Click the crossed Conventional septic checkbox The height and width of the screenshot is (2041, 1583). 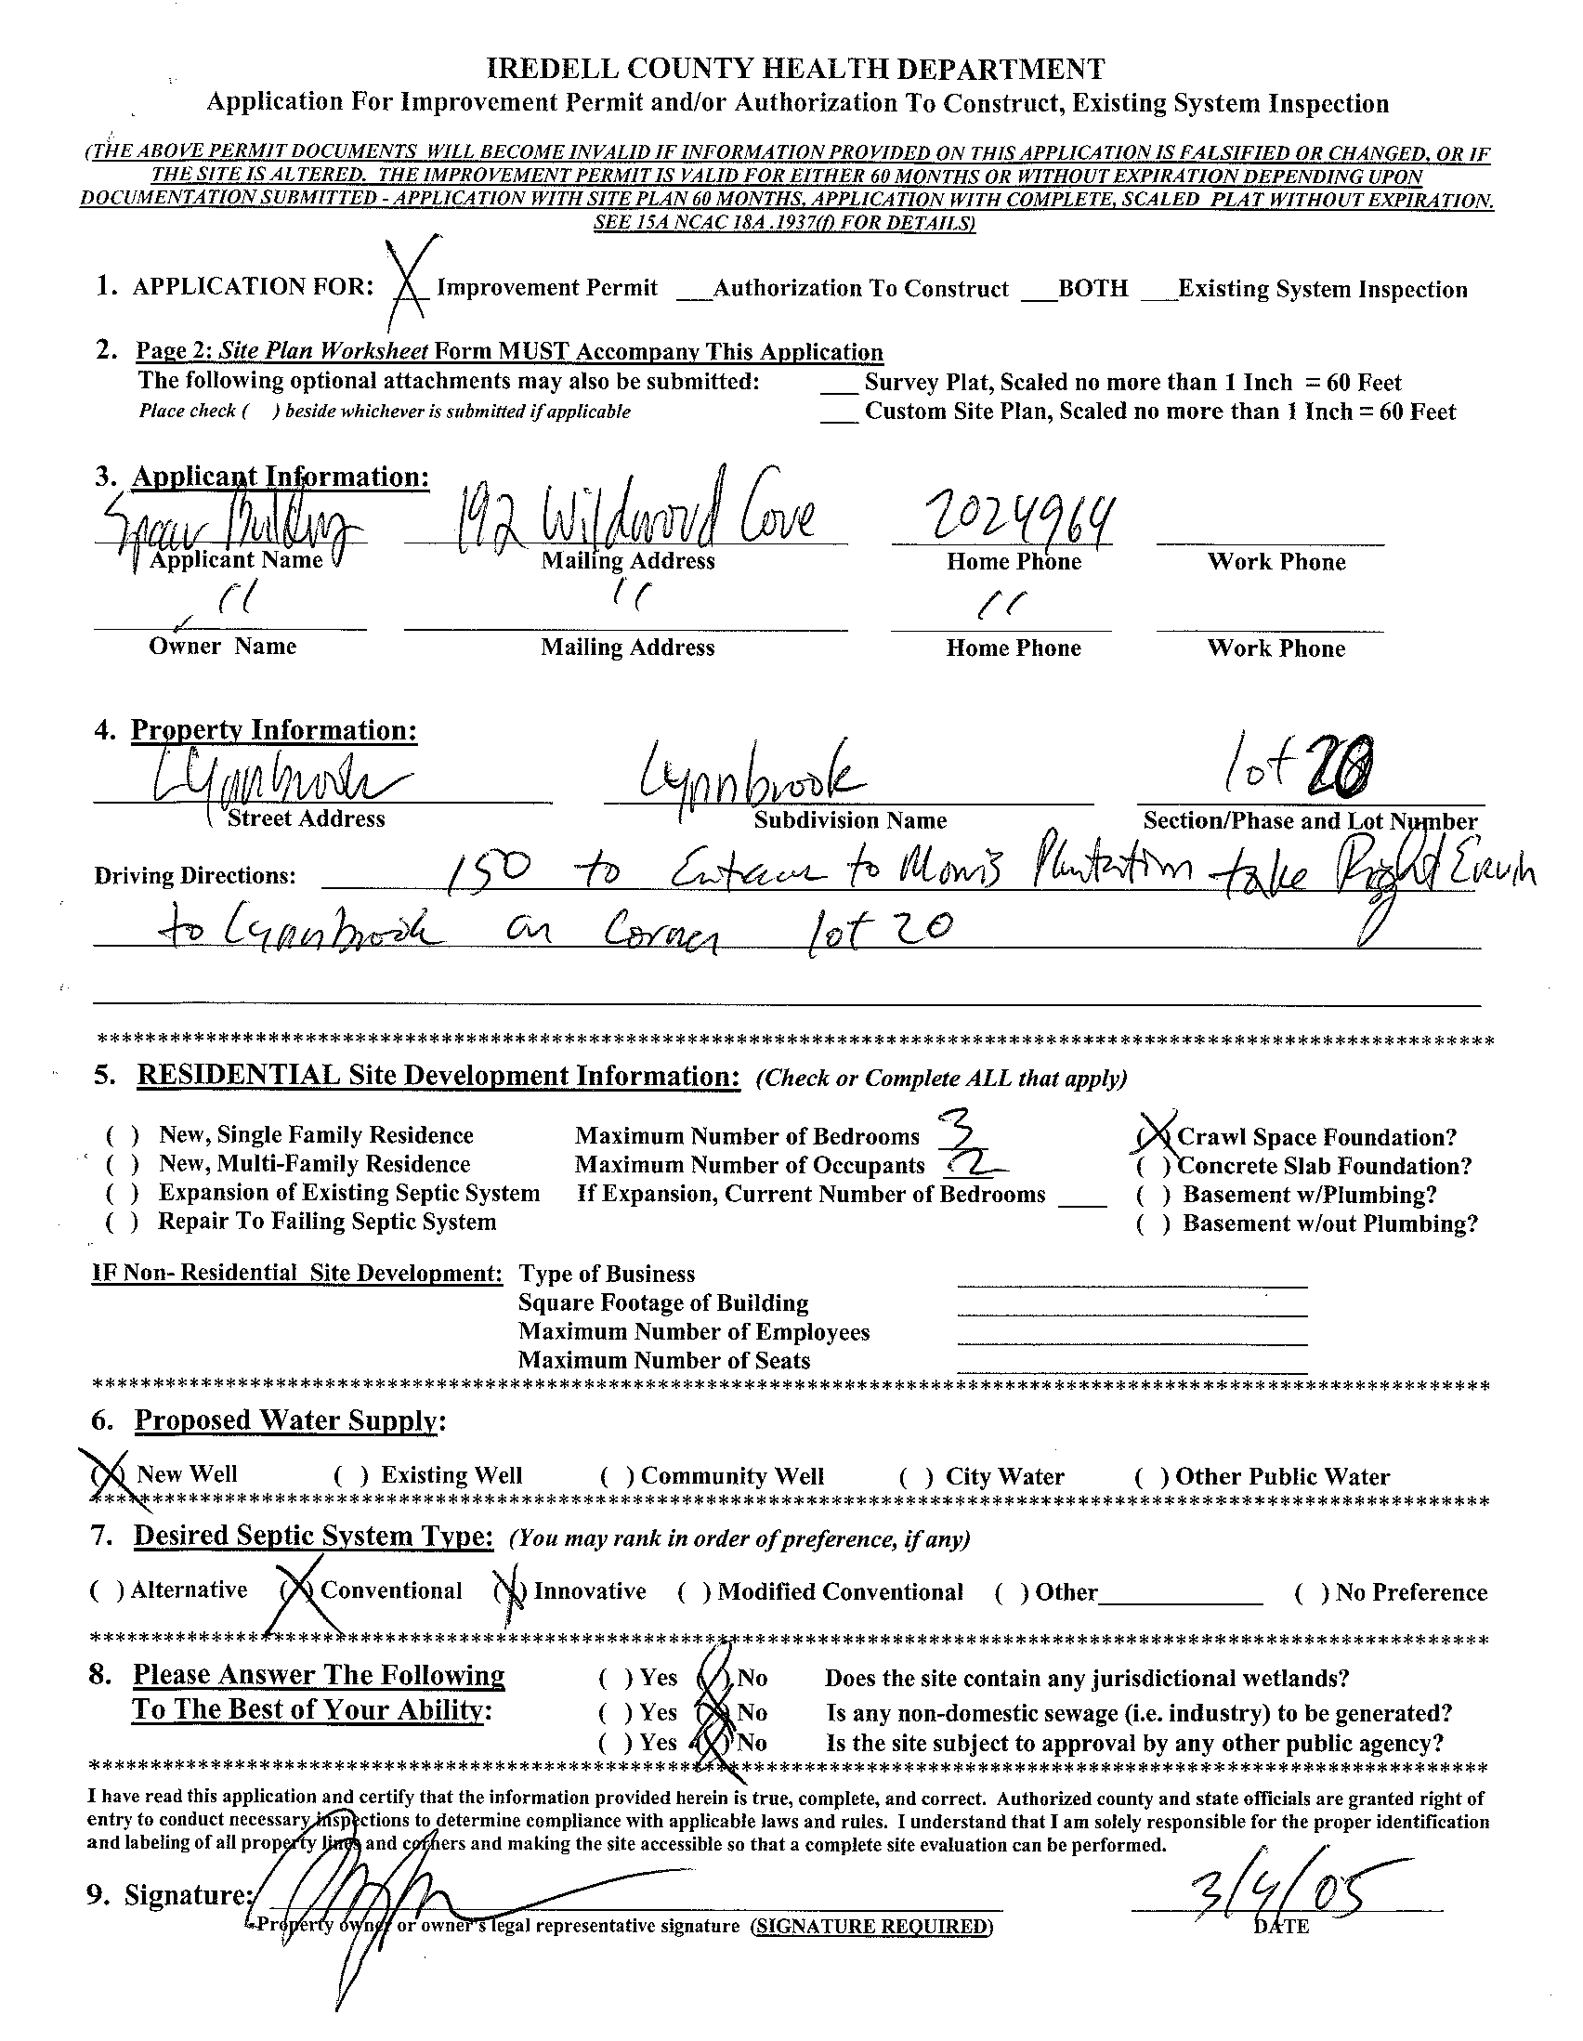(298, 1590)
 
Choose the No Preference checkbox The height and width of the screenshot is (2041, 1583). (1310, 1592)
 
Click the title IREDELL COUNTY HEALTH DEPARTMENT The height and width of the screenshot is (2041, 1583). (796, 69)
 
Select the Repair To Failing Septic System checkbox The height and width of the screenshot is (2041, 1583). (124, 1223)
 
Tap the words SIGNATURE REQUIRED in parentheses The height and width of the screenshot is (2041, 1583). (873, 1926)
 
